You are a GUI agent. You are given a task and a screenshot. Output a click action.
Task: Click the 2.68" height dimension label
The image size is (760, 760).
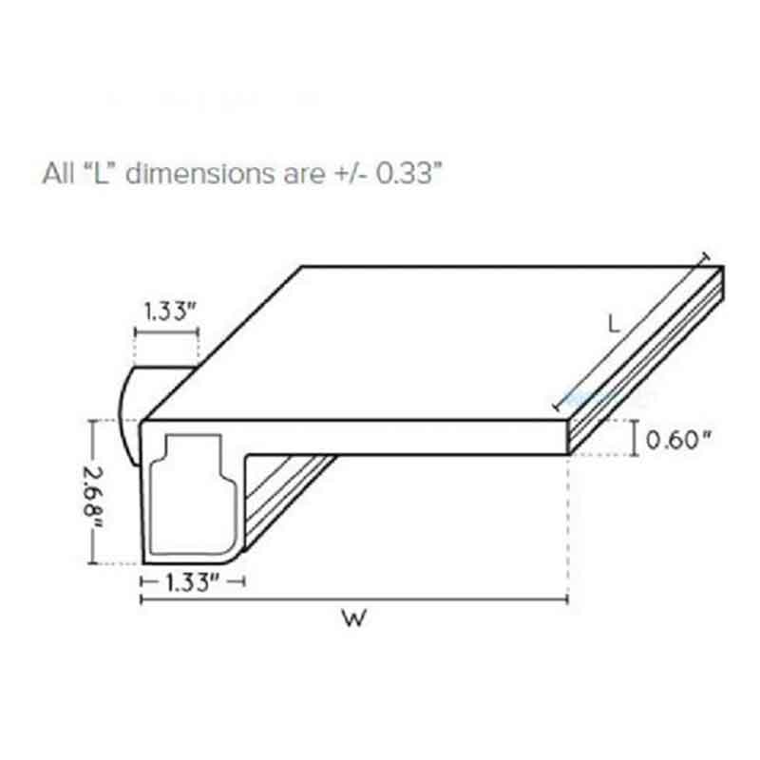pyautogui.click(x=93, y=498)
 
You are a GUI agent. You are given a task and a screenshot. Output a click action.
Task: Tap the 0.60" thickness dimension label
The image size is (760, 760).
pyautogui.click(x=678, y=440)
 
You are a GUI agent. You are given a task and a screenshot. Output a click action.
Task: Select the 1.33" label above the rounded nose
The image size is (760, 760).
pyautogui.click(x=170, y=312)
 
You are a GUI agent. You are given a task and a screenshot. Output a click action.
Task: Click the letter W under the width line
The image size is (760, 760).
pyautogui.click(x=353, y=618)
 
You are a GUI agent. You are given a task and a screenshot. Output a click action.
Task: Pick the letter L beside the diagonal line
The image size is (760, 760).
pyautogui.click(x=614, y=324)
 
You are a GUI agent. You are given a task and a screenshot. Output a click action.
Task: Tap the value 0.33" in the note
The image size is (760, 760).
pyautogui.click(x=408, y=173)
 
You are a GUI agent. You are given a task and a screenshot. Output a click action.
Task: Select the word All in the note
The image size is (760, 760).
pyautogui.click(x=59, y=173)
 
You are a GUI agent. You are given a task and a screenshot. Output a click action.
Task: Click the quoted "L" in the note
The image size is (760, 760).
pyautogui.click(x=101, y=172)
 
